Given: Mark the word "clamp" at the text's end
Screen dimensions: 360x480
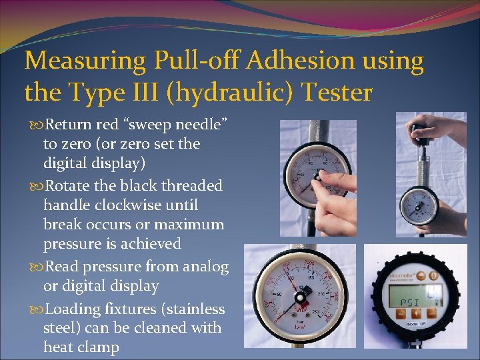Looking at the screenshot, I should click(98, 347).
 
